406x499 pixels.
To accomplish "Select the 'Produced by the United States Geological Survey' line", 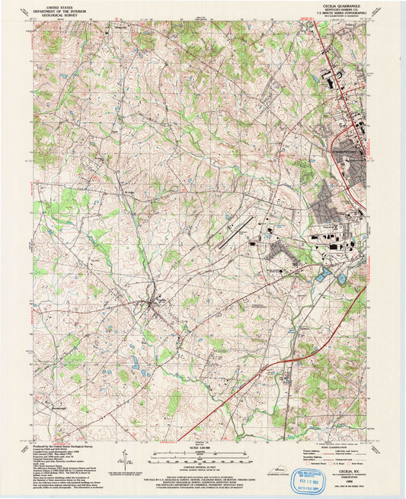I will pyautogui.click(x=62, y=446).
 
